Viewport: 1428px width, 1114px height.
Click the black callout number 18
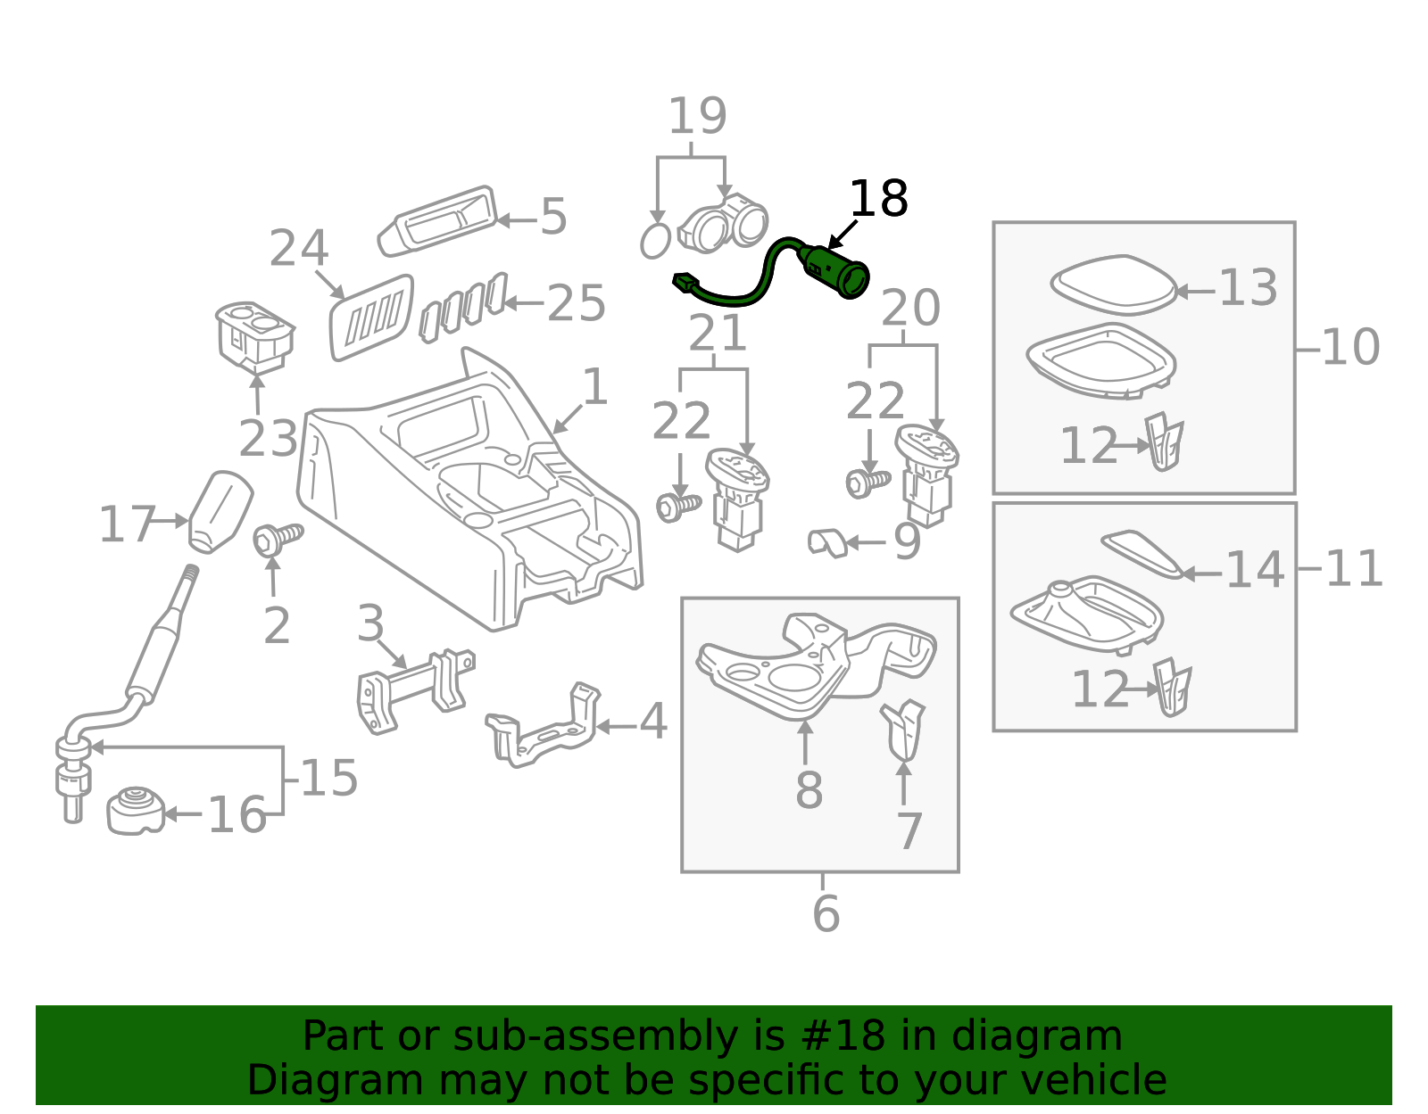[878, 198]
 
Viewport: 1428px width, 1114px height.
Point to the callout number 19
[697, 116]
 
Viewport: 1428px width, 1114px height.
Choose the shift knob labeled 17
[220, 512]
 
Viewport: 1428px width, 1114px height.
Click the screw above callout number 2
[278, 540]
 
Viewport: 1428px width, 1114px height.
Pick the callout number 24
[299, 248]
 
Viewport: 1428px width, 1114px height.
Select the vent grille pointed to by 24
[372, 317]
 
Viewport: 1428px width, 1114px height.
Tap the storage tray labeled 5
[437, 220]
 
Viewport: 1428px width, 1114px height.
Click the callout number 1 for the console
[595, 386]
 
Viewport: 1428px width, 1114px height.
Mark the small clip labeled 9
[827, 543]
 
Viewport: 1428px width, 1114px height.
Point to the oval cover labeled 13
[1113, 285]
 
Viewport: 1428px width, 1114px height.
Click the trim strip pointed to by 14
[1142, 554]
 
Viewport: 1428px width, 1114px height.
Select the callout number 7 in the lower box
[909, 831]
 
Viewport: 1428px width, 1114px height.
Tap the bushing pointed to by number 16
[136, 811]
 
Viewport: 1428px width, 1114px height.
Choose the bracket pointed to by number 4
[543, 725]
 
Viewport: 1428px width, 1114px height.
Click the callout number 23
[268, 439]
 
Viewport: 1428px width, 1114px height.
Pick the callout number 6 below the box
[826, 913]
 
